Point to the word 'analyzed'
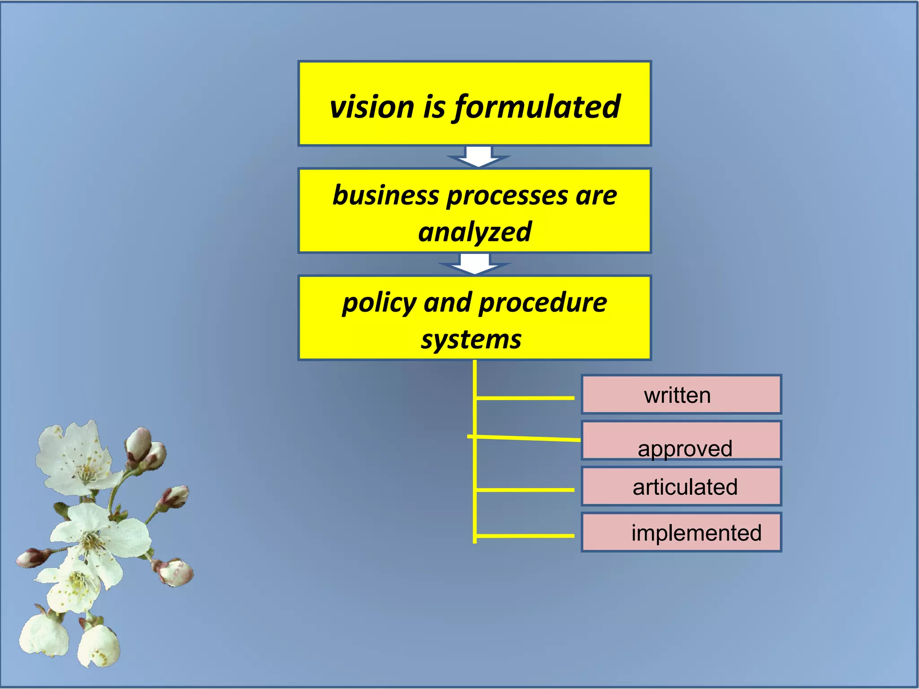pyautogui.click(x=474, y=232)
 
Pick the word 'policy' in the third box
pyautogui.click(x=379, y=303)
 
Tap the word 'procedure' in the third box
pyautogui.click(x=543, y=303)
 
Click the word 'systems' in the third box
pyautogui.click(x=471, y=340)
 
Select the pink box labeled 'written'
pyautogui.click(x=681, y=395)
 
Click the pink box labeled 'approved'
pyautogui.click(x=681, y=441)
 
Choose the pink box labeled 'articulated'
pyautogui.click(x=681, y=487)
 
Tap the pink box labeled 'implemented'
pyautogui.click(x=681, y=532)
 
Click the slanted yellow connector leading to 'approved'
pyautogui.click(x=525, y=438)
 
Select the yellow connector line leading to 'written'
pyautogui.click(x=525, y=398)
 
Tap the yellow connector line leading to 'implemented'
pyautogui.click(x=525, y=536)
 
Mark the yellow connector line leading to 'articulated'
pyautogui.click(x=525, y=490)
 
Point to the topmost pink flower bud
pyautogui.click(x=139, y=442)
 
